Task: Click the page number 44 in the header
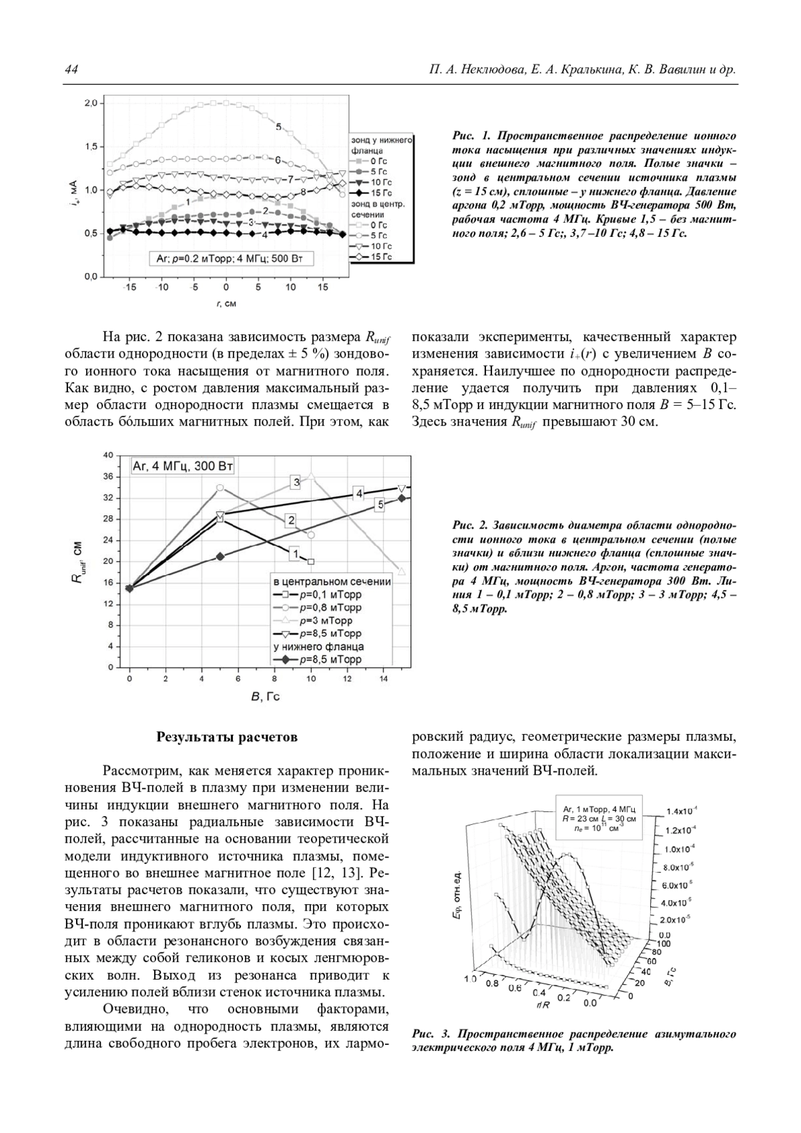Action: tap(71, 70)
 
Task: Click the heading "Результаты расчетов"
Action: tap(226, 737)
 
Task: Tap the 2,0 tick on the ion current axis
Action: tap(91, 103)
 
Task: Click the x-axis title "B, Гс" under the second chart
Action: tap(265, 697)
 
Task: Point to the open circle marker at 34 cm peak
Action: tap(220, 488)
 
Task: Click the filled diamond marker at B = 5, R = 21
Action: tap(220, 556)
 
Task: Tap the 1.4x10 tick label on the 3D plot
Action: tap(682, 812)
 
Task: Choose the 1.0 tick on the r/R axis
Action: tap(469, 979)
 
